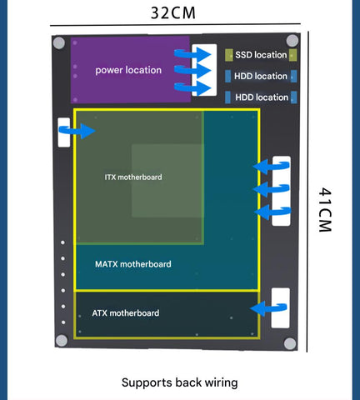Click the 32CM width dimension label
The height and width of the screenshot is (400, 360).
(173, 12)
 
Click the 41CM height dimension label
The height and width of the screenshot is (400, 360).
(325, 210)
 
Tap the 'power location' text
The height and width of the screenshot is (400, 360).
(128, 70)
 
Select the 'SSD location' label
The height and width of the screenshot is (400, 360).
(261, 55)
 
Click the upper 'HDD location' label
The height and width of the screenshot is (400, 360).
(261, 76)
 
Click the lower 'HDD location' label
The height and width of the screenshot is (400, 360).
(262, 97)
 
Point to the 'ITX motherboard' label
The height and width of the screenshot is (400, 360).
(133, 177)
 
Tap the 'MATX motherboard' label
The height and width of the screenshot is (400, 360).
(133, 264)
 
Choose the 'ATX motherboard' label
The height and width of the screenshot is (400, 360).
(126, 313)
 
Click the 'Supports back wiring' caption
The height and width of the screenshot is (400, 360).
(180, 382)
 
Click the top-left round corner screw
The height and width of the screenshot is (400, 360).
(59, 43)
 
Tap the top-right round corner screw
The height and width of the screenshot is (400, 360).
(292, 41)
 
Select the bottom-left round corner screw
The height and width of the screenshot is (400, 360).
(62, 341)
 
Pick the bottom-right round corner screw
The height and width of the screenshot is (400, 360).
(290, 343)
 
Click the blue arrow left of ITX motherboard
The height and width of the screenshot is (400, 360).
(77, 131)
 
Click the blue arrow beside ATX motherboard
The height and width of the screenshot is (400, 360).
(268, 308)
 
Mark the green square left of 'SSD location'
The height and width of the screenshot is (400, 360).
(229, 55)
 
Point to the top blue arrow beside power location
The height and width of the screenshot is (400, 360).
(192, 54)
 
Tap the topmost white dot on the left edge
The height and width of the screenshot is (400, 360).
(62, 242)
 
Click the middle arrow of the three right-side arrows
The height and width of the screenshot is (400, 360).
(272, 189)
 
